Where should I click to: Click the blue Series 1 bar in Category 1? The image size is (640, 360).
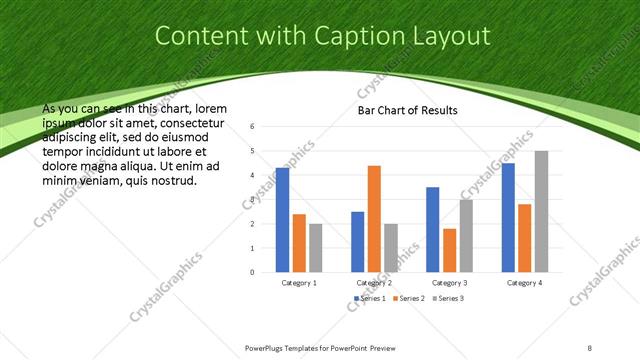click(x=282, y=220)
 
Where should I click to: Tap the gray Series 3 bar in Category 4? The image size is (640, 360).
click(x=541, y=211)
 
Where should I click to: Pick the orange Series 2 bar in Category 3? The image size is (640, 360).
click(x=450, y=250)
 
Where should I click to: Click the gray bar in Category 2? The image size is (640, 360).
click(x=391, y=247)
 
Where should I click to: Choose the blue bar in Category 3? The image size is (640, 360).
click(x=433, y=229)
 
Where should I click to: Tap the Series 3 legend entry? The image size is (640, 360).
click(x=447, y=298)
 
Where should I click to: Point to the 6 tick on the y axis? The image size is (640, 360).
click(x=252, y=126)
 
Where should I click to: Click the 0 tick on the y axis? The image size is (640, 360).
click(x=252, y=272)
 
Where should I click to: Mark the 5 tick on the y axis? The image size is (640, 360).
click(x=252, y=151)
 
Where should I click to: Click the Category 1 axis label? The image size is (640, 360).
click(x=299, y=283)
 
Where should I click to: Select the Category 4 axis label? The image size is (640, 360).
click(x=524, y=283)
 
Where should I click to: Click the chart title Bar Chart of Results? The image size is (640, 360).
click(x=407, y=110)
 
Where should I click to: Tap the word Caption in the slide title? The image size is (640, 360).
click(x=357, y=37)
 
